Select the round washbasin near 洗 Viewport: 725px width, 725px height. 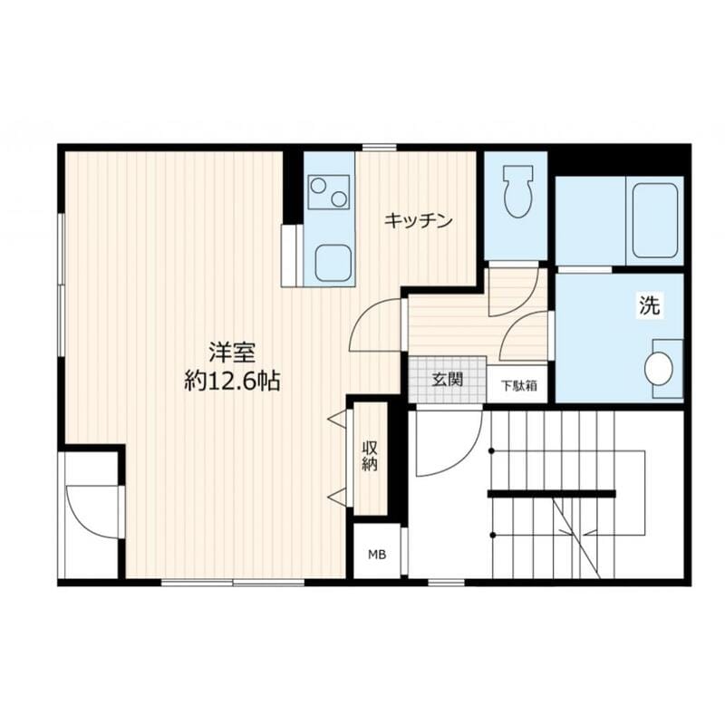[x=659, y=369]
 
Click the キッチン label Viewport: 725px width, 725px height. [x=417, y=220]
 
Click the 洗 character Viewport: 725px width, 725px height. [x=649, y=306]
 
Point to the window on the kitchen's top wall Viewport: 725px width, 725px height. [x=378, y=148]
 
